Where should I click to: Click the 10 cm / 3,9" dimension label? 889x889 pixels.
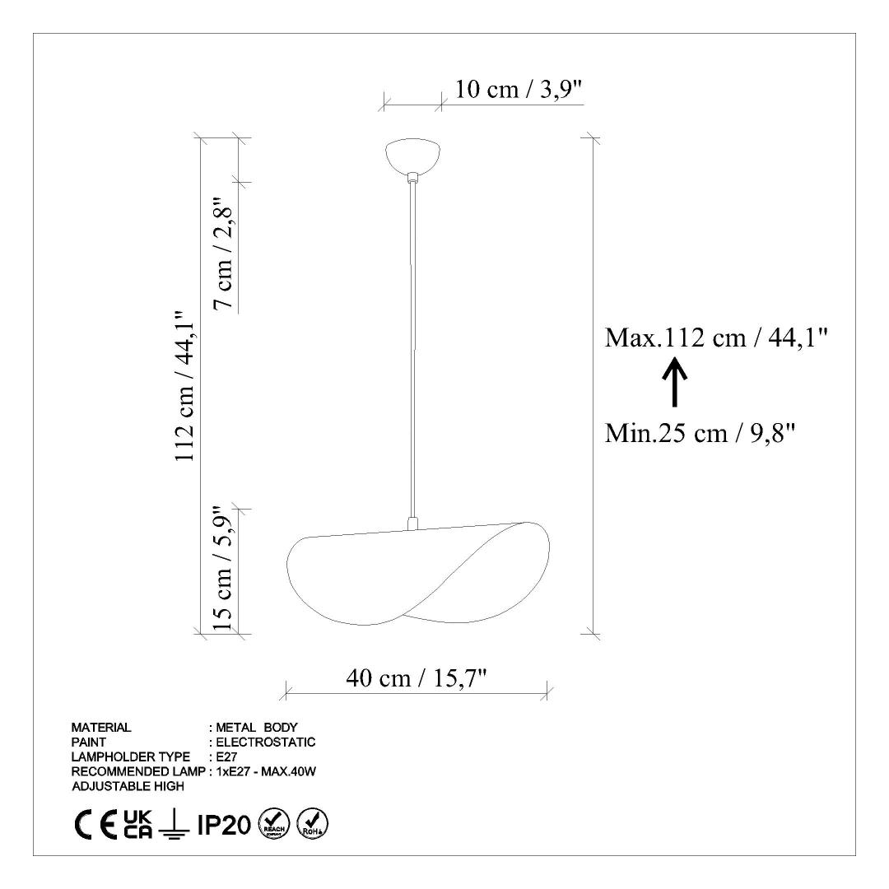[519, 89]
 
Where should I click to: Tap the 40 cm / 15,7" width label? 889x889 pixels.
[417, 677]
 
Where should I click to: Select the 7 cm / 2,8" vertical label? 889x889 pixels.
[223, 254]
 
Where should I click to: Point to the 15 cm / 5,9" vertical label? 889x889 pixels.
[223, 568]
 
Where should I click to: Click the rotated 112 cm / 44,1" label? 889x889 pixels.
[185, 386]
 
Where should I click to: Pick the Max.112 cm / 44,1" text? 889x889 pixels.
[716, 338]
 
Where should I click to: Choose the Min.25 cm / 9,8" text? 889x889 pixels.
[700, 434]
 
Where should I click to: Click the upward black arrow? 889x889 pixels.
[675, 382]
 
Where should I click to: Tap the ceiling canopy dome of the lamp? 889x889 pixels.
[413, 156]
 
